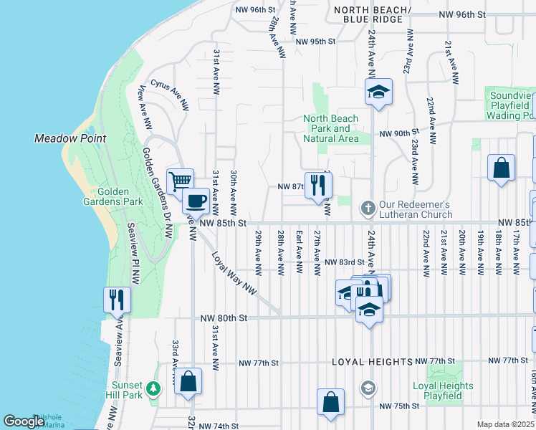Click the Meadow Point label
(x=70, y=138)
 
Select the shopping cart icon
(x=180, y=181)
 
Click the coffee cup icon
(x=196, y=201)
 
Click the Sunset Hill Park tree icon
(x=152, y=388)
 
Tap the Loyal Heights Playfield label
(x=443, y=391)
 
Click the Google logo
(x=24, y=421)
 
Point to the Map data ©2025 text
(x=506, y=424)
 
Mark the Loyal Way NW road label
(x=233, y=272)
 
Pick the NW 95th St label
(x=314, y=42)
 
